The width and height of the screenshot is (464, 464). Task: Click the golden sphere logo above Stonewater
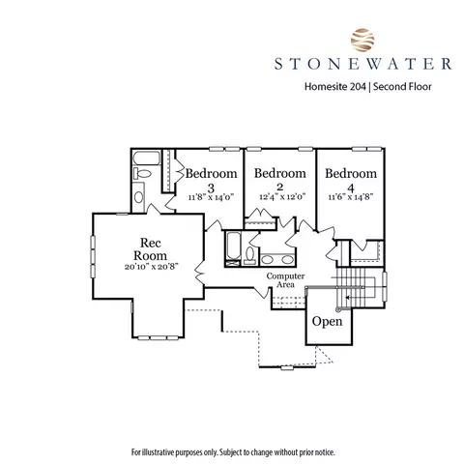[362, 40]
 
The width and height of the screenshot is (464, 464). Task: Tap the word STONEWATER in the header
[362, 64]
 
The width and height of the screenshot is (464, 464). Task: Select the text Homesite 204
[335, 87]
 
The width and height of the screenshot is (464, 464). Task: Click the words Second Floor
[402, 87]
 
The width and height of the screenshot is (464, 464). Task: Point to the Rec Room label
[151, 249]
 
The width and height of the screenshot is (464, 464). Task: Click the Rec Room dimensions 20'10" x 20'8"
[152, 267]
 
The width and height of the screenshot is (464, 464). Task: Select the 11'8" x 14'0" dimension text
[211, 197]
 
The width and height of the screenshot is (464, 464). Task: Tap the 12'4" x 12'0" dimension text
[282, 196]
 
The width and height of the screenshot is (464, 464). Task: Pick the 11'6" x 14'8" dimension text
[351, 197]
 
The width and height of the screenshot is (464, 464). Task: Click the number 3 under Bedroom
[211, 188]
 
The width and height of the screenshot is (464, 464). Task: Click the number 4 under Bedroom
[351, 188]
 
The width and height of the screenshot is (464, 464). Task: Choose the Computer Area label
[285, 280]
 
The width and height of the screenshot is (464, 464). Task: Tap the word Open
[328, 321]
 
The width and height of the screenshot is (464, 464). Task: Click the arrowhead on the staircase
[347, 297]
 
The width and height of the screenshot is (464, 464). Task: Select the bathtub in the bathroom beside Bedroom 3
[146, 159]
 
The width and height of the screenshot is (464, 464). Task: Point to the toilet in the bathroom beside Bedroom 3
[142, 174]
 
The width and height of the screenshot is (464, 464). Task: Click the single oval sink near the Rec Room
[138, 197]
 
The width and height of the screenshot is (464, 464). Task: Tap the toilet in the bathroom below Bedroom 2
[250, 255]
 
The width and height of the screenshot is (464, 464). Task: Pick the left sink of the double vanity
[267, 259]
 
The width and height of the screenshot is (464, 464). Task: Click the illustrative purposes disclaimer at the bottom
[233, 452]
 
